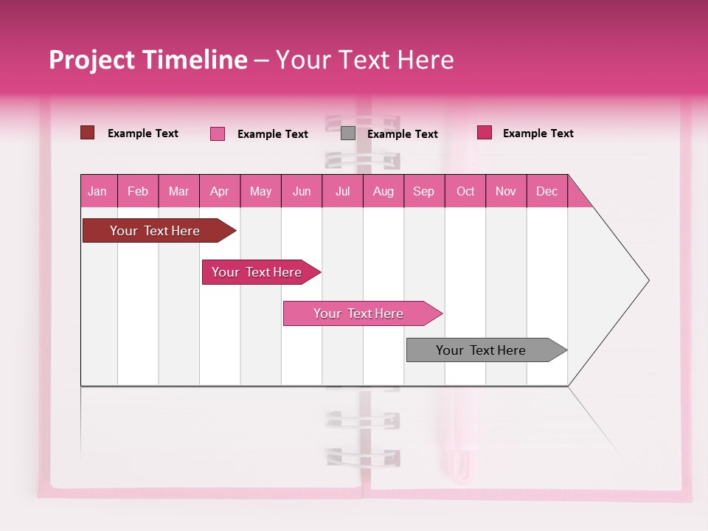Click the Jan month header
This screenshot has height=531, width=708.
pyautogui.click(x=97, y=191)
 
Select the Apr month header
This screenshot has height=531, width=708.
pyautogui.click(x=219, y=191)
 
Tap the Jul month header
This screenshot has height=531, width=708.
pyautogui.click(x=342, y=191)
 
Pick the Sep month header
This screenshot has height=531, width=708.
pyautogui.click(x=423, y=191)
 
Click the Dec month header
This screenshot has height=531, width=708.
pyautogui.click(x=546, y=191)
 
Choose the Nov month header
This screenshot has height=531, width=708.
pyautogui.click(x=505, y=191)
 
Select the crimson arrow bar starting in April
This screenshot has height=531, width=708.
pyautogui.click(x=257, y=272)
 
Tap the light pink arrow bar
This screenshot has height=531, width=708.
pyautogui.click(x=358, y=313)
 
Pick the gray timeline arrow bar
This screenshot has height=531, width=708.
pyautogui.click(x=481, y=350)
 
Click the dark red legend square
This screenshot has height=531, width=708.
pyautogui.click(x=87, y=133)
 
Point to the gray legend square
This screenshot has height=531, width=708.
pyautogui.click(x=348, y=133)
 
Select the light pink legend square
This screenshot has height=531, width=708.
pyautogui.click(x=218, y=133)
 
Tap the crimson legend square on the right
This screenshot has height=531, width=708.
pyautogui.click(x=485, y=133)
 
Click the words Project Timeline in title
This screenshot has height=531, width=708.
pyautogui.click(x=148, y=60)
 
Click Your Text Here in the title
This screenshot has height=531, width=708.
pyautogui.click(x=364, y=60)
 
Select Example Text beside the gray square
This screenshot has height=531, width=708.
pyautogui.click(x=402, y=134)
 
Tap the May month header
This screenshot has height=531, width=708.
pyautogui.click(x=260, y=191)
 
